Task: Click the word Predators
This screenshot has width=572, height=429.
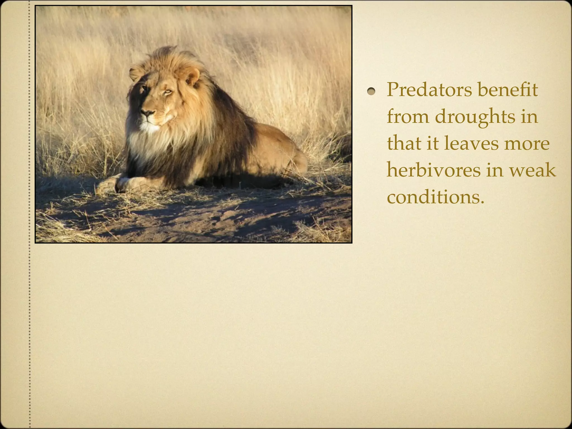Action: [x=429, y=90]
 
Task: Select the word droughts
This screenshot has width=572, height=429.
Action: [x=475, y=117]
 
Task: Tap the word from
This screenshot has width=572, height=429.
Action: [x=408, y=117]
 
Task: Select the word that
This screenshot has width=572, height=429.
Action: [x=404, y=144]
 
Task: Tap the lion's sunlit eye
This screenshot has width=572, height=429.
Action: [x=168, y=91]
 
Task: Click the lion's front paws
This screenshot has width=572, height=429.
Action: [x=117, y=184]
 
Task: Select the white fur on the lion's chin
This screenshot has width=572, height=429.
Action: [x=149, y=127]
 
